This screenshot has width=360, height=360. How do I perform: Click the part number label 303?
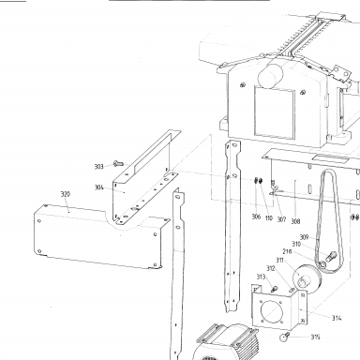(98, 167)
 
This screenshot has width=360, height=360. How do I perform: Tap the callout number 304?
(98, 187)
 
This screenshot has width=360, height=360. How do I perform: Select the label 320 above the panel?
(66, 194)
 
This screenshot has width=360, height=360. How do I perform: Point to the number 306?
(256, 217)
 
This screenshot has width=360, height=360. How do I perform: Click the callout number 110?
(269, 217)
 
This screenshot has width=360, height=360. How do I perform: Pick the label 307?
(281, 219)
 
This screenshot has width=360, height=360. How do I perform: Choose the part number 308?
(295, 221)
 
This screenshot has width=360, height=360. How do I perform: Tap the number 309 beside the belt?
(304, 237)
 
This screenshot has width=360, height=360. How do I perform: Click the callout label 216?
(287, 251)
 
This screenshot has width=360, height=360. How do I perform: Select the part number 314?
(337, 318)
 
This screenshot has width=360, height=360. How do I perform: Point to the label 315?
(315, 337)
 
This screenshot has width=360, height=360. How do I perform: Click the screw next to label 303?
(118, 163)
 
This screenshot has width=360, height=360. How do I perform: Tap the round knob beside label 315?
(285, 337)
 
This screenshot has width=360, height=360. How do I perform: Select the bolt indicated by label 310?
(331, 257)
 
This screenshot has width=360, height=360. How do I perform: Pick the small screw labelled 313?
(274, 289)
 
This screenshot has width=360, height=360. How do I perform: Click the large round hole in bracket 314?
(271, 311)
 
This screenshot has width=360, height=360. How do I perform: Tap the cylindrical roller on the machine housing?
(270, 76)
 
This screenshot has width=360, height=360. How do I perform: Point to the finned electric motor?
(227, 342)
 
